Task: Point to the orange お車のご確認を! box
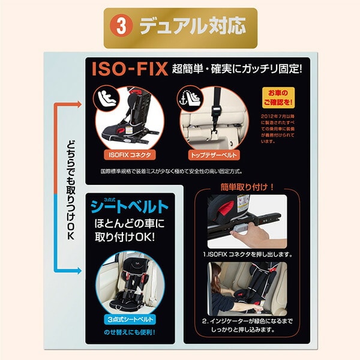pyautogui.click(x=275, y=97)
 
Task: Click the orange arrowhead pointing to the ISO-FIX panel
pyautogui.click(x=79, y=105)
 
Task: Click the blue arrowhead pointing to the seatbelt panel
pyautogui.click(x=79, y=271)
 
